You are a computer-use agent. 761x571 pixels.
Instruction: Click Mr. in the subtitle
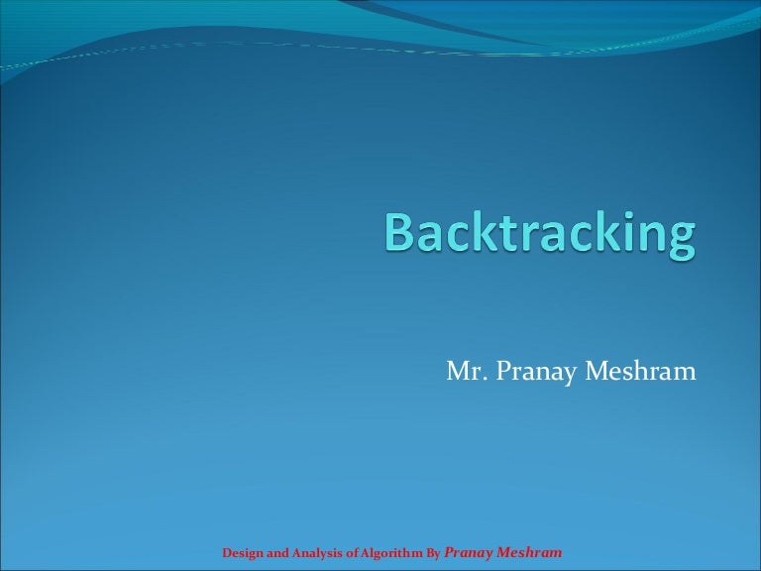coord(464,372)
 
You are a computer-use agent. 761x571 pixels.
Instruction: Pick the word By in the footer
coord(433,553)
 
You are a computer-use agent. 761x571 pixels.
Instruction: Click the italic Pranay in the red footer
coord(471,552)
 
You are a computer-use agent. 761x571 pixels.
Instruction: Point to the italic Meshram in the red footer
coord(531,552)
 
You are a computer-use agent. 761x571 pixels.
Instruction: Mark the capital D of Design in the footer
coord(225,553)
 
